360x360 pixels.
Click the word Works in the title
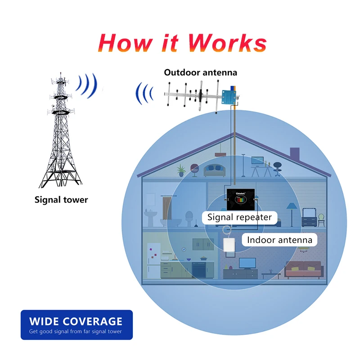click(x=227, y=43)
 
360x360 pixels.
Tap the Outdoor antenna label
click(x=200, y=72)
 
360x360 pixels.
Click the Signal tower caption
click(x=61, y=199)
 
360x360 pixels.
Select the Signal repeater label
click(x=239, y=217)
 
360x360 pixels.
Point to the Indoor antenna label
click(x=279, y=239)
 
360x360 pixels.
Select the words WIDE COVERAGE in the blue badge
click(x=76, y=321)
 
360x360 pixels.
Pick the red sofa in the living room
click(x=305, y=269)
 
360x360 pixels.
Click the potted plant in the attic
click(x=181, y=170)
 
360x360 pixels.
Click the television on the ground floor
click(x=247, y=263)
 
